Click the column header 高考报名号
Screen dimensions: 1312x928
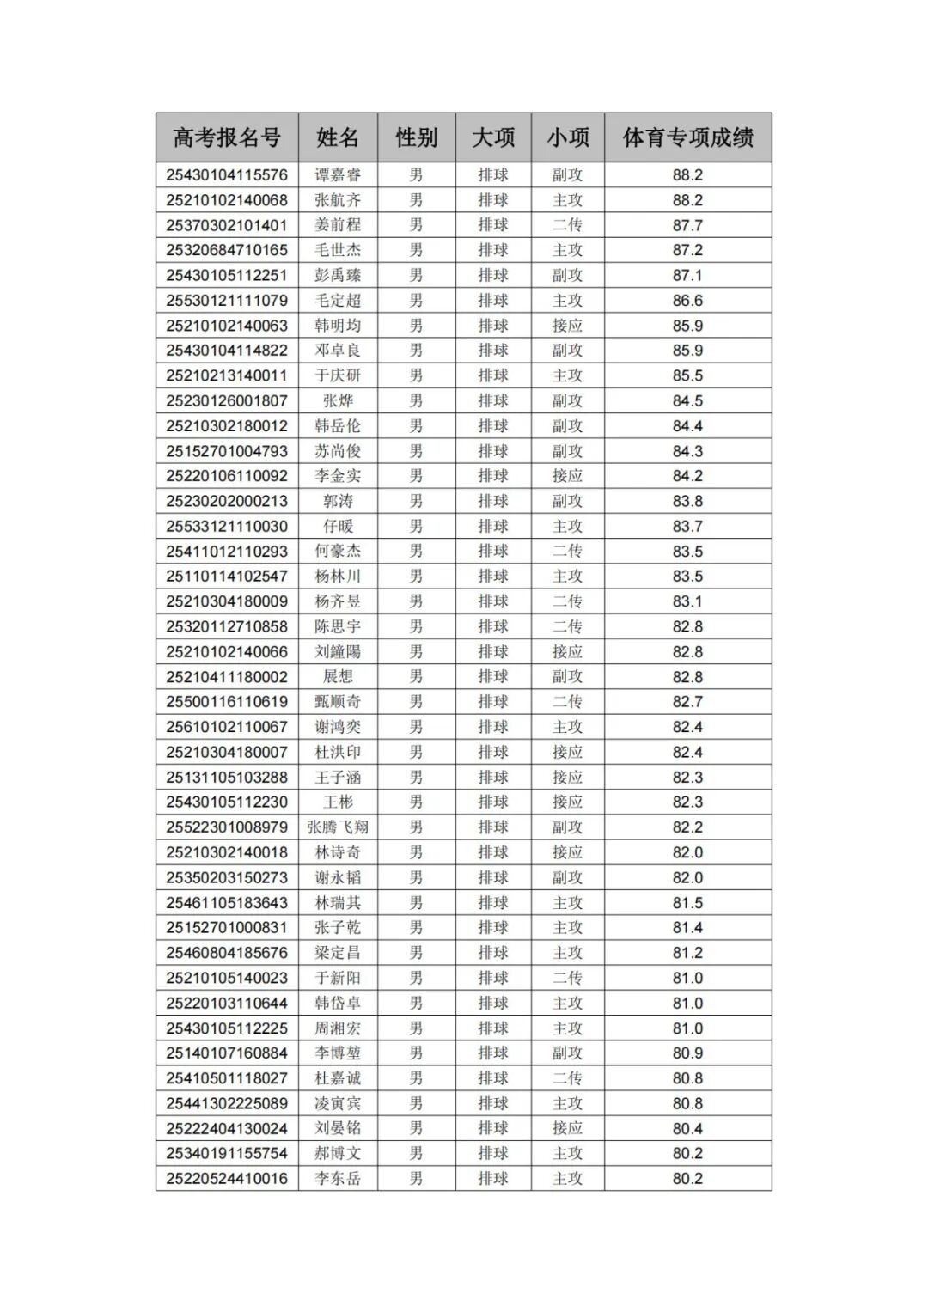click(x=227, y=137)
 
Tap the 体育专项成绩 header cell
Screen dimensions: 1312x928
click(x=687, y=137)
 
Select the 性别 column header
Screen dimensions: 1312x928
click(x=416, y=137)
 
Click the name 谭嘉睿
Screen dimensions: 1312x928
click(x=338, y=175)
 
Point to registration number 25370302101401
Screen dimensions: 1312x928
click(x=227, y=225)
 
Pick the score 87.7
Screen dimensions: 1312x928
click(x=687, y=225)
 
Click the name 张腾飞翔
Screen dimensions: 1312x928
click(x=338, y=827)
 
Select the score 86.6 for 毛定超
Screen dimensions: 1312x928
click(x=687, y=301)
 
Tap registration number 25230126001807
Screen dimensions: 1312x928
click(x=227, y=400)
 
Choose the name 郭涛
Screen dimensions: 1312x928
click(x=338, y=501)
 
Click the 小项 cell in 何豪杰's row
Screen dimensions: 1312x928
click(x=567, y=552)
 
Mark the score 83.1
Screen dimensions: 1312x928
click(x=687, y=601)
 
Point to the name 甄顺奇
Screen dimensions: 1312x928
click(x=338, y=702)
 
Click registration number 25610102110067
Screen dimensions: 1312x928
click(x=227, y=727)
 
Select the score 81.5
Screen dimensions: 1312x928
click(x=687, y=903)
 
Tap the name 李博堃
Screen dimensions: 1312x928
click(x=338, y=1053)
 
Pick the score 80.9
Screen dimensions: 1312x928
click(x=687, y=1053)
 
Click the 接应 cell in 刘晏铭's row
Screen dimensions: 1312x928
click(x=567, y=1129)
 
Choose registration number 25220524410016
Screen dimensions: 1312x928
click(x=227, y=1179)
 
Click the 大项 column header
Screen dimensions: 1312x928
click(x=493, y=137)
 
